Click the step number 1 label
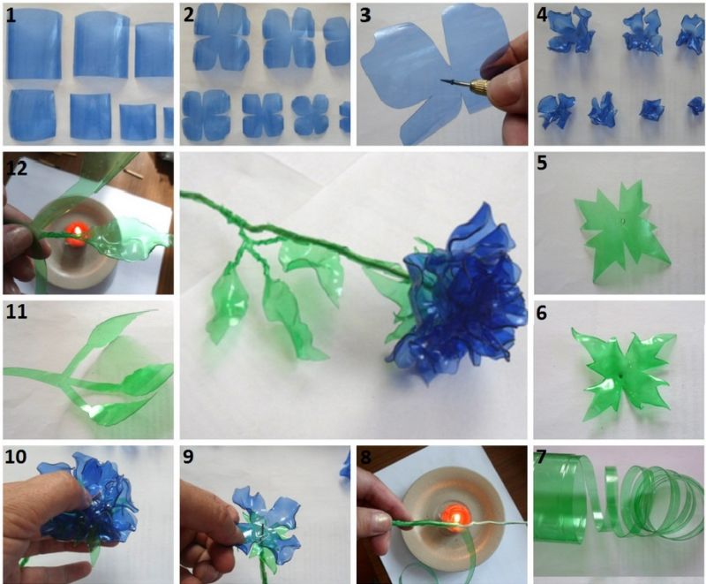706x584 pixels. click(11, 15)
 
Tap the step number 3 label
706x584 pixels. click(365, 15)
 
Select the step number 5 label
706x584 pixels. click(542, 163)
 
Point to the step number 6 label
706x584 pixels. click(542, 313)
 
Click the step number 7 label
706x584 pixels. click(541, 457)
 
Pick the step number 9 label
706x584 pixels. click(188, 457)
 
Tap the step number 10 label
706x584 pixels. click(16, 457)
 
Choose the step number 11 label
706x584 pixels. click(16, 311)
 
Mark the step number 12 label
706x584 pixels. click(17, 168)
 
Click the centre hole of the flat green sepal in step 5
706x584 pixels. click(622, 221)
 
